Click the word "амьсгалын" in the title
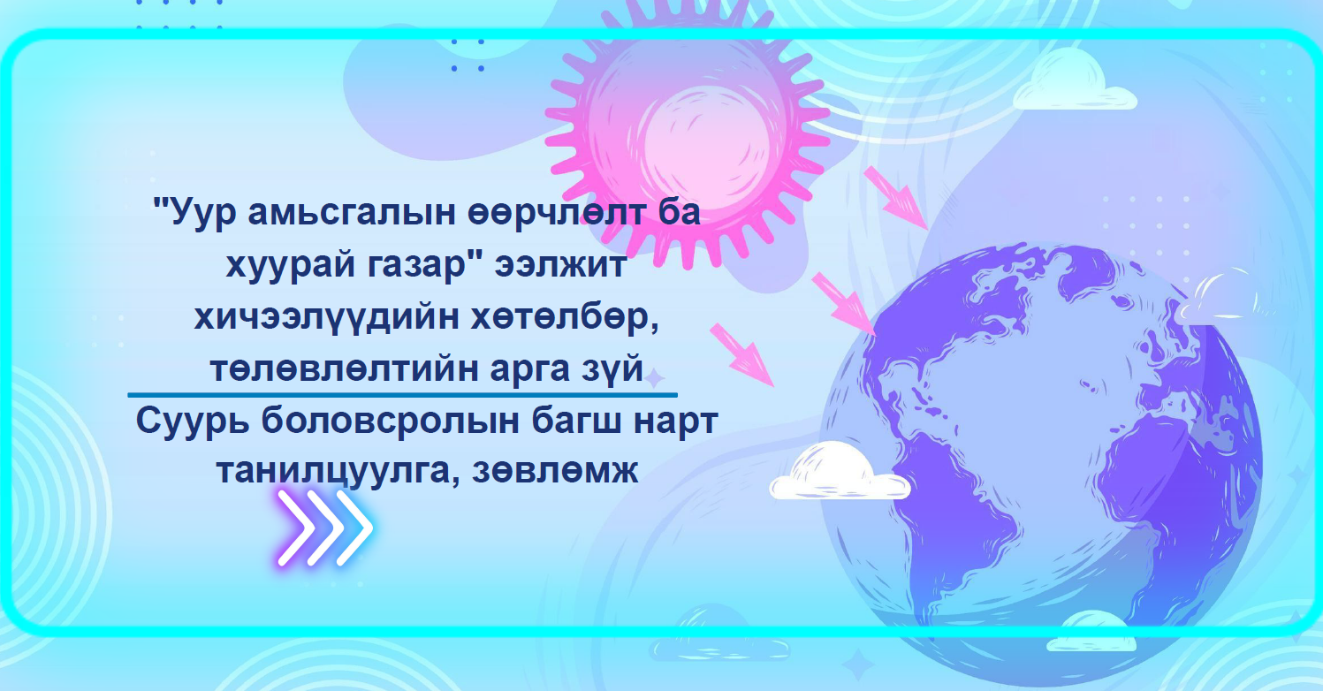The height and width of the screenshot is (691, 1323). click(352, 213)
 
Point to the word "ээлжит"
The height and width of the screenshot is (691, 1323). click(560, 264)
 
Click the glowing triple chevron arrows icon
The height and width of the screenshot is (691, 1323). click(325, 528)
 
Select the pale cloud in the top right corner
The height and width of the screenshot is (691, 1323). click(1074, 81)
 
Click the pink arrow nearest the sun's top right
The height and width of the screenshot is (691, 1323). click(896, 198)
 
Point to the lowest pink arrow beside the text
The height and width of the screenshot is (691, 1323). click(741, 355)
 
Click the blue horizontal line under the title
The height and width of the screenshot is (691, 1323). click(402, 394)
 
